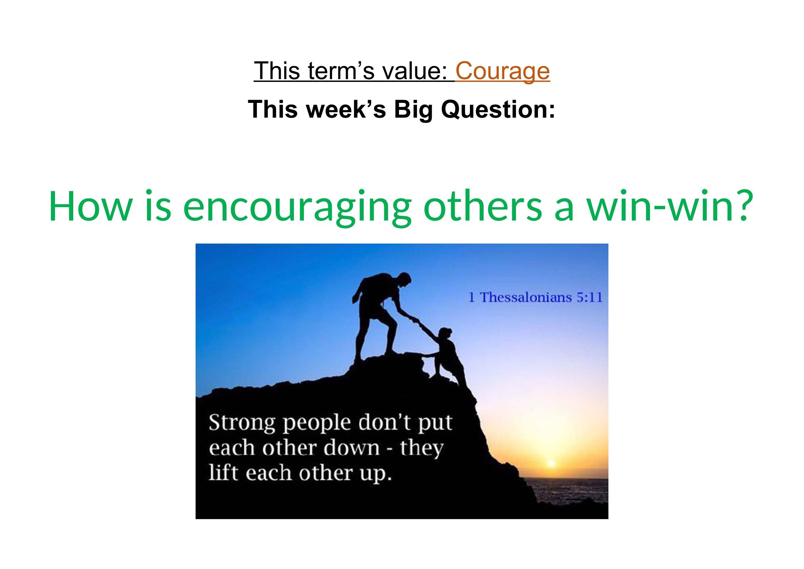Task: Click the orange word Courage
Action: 503,72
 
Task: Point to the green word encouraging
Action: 296,208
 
